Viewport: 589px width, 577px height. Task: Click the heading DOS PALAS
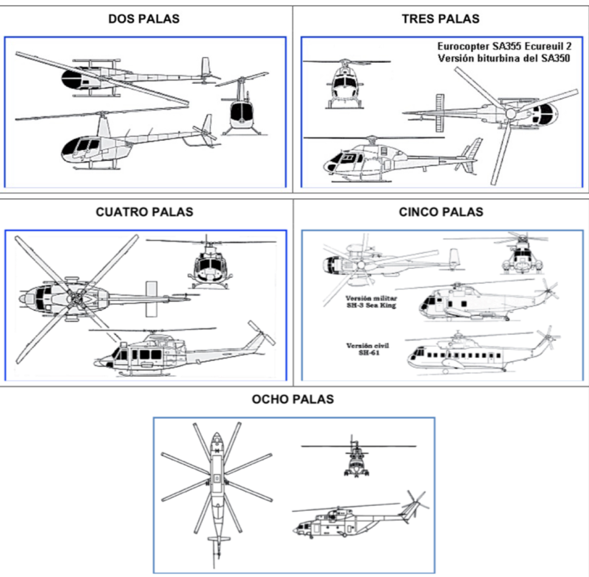(x=144, y=19)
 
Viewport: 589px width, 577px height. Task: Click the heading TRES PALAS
(x=440, y=19)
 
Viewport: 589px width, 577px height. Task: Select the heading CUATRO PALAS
(x=145, y=212)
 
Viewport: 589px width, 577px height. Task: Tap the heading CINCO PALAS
(x=441, y=212)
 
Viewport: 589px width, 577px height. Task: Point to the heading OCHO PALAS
(x=293, y=399)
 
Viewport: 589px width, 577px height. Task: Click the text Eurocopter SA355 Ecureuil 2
(x=504, y=47)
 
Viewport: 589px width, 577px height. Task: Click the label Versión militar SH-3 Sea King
(x=371, y=302)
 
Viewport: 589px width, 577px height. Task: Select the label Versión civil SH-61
(x=368, y=349)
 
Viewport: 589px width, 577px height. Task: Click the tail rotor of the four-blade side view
(x=261, y=333)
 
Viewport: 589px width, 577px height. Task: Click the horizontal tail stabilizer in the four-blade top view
(x=152, y=298)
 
